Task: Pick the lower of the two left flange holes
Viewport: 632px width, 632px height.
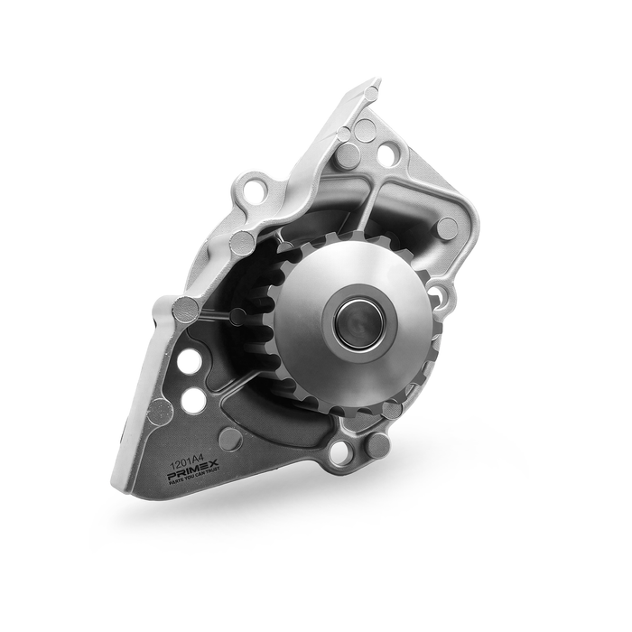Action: (193, 400)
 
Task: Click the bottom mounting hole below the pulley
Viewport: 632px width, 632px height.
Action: (341, 453)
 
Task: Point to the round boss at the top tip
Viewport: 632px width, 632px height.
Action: (371, 93)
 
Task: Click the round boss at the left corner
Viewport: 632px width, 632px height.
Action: (185, 310)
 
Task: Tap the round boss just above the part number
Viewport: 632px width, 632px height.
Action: (230, 440)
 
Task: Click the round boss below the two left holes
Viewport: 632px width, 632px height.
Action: (160, 413)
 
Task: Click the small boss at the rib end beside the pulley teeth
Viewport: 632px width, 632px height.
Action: (237, 317)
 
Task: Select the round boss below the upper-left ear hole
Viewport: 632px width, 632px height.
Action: (242, 242)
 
